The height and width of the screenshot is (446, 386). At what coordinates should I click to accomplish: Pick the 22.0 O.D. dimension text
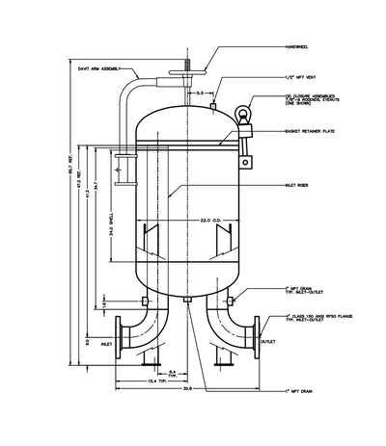coord(199,221)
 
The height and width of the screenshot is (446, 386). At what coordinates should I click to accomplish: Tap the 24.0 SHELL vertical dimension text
coord(113,218)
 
